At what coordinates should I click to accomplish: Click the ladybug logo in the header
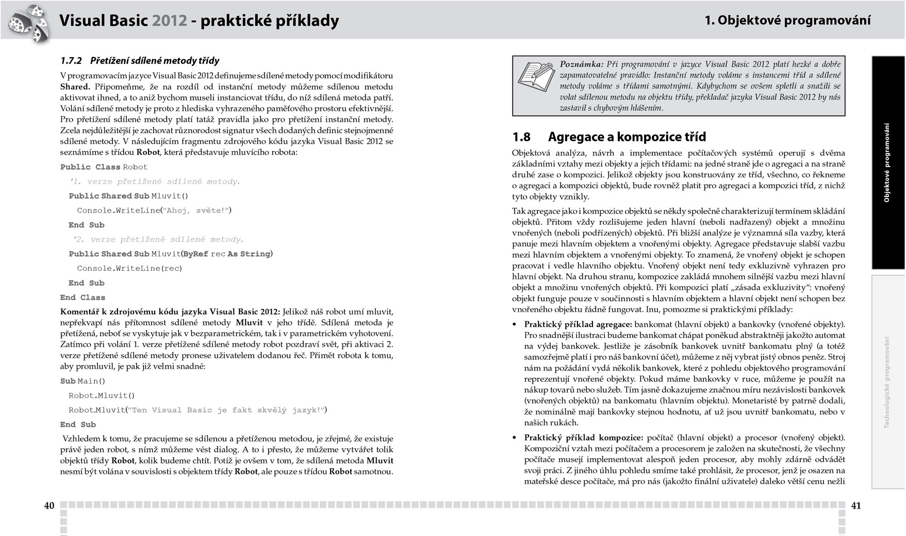coord(28,22)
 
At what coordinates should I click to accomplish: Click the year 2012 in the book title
coord(169,21)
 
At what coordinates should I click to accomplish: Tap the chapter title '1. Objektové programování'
coord(787,20)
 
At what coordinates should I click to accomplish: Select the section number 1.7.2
coord(71,61)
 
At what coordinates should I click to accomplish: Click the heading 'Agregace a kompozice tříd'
coord(627,137)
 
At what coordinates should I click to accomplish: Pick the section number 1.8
coord(521,137)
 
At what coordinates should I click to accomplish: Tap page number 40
coord(49,506)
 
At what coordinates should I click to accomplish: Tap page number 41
coord(855,506)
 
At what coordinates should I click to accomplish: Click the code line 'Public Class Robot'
coord(104,167)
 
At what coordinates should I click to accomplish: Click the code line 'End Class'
coord(83,298)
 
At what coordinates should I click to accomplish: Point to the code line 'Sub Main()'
coord(83,381)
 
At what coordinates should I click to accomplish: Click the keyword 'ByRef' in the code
coord(195,254)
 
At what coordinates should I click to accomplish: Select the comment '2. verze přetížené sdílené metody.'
coord(158,239)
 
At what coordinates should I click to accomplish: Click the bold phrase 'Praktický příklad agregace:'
coord(578,324)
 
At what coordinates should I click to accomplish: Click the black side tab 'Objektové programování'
coord(887,163)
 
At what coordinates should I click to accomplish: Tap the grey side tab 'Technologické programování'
coord(887,382)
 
